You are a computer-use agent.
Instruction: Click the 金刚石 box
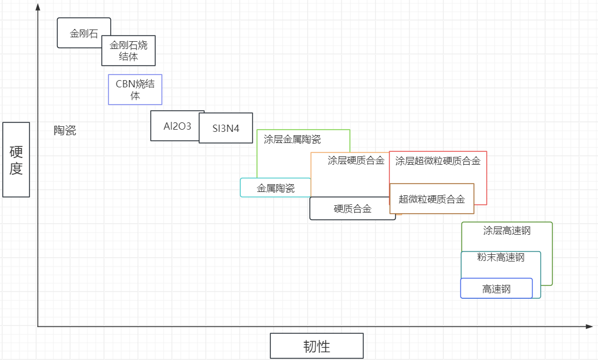pos(83,33)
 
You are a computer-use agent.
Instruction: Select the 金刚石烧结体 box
pos(129,51)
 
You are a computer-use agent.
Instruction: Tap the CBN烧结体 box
pos(135,90)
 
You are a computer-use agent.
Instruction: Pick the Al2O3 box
pos(177,126)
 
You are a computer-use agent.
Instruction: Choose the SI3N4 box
pos(226,128)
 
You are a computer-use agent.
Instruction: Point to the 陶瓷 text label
pos(65,131)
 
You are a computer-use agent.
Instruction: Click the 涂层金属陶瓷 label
pos(292,139)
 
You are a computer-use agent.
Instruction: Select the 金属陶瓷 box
pos(275,188)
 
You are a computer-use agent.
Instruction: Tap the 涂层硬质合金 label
pos(356,161)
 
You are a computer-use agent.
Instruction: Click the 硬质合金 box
pos(352,209)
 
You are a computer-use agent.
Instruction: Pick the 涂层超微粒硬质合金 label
pos(438,161)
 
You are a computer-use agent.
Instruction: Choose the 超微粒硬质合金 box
pos(432,199)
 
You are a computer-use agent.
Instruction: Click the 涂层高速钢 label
pos(507,230)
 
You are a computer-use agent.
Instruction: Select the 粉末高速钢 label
pos(501,258)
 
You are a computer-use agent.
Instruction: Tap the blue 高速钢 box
pos(496,289)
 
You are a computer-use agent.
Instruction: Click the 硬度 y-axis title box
pos(16,160)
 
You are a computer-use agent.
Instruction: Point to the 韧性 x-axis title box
pos(317,346)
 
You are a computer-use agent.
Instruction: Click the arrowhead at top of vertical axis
pos(38,7)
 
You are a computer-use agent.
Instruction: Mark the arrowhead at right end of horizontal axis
pos(590,327)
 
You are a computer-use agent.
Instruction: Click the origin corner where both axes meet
pos(38,327)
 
